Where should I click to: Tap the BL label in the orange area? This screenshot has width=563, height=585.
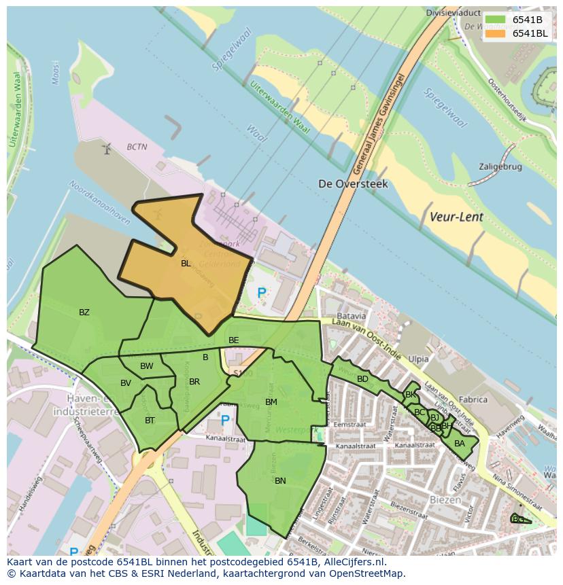point(186,264)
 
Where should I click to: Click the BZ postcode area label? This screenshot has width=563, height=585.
point(84,313)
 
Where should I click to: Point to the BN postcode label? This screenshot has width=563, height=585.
point(280,480)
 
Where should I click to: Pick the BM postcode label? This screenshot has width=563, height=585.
point(271,402)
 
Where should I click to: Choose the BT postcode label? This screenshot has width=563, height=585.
point(150,421)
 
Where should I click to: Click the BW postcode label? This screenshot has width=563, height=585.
point(147,366)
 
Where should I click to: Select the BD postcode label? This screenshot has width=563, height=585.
point(362,379)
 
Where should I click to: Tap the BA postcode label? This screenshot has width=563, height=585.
point(460,444)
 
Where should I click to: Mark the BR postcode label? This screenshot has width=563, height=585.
point(194,382)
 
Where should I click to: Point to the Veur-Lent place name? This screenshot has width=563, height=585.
point(456,217)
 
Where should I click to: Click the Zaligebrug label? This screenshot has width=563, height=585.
point(500,166)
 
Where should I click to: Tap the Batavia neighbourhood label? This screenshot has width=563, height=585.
point(352,316)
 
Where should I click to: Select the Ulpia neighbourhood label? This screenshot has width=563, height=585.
point(418,358)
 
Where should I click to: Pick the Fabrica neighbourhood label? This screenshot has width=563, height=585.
point(473,400)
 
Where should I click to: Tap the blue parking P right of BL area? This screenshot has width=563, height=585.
point(262,294)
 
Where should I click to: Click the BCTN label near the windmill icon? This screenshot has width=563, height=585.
point(137,147)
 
